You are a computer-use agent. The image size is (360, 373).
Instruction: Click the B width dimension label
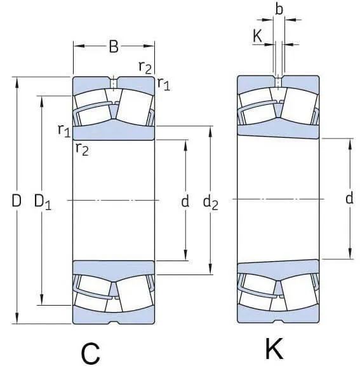point(114,46)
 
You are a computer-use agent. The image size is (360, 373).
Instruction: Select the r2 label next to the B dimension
point(145,67)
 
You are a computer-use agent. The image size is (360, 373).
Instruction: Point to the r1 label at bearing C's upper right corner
point(163,83)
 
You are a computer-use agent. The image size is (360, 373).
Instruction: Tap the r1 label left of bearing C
point(63,130)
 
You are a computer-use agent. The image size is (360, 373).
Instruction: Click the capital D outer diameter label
point(17,201)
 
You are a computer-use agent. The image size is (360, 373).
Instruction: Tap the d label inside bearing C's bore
point(185,201)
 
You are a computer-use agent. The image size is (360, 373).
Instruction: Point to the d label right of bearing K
point(349,199)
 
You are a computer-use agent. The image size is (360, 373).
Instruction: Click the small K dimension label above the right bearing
point(257,36)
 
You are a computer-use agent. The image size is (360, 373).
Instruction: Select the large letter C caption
point(91,353)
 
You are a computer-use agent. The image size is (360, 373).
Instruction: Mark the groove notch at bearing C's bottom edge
point(114,323)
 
